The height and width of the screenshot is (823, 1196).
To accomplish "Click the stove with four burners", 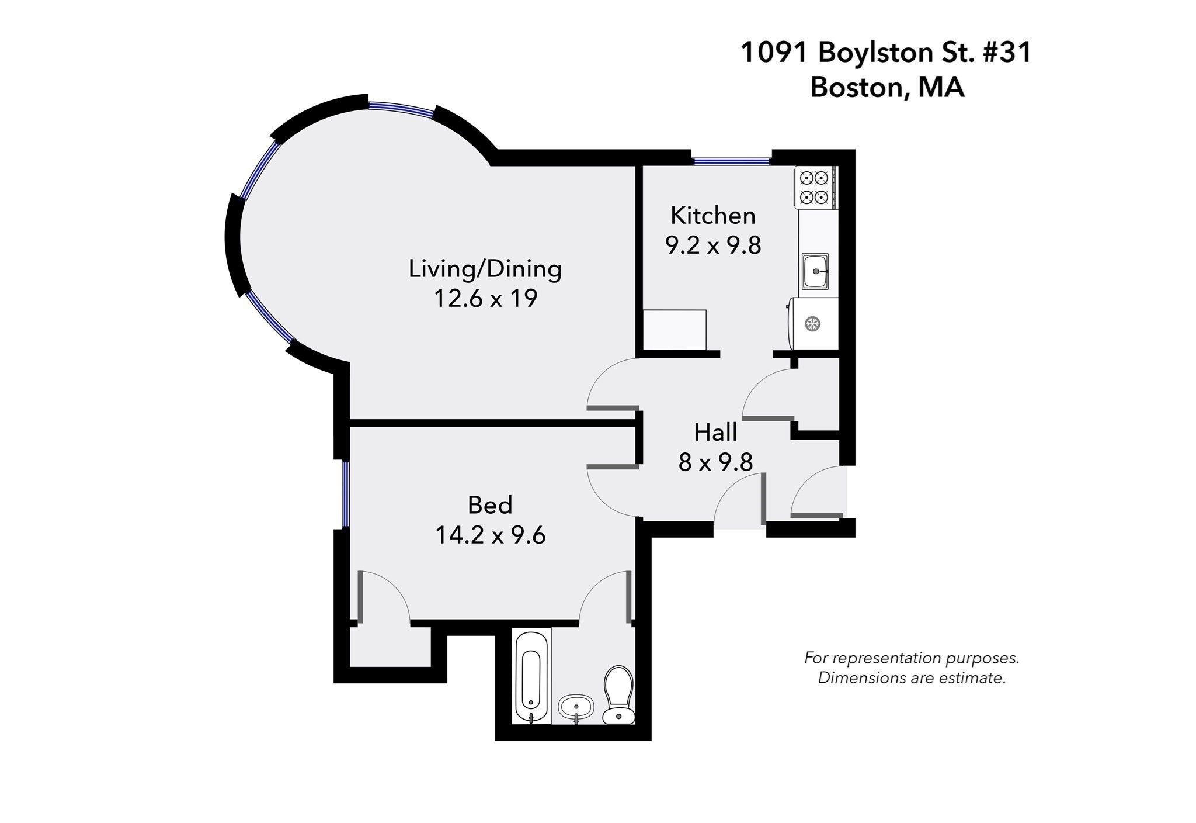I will click(815, 187).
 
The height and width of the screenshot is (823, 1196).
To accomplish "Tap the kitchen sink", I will click(815, 271).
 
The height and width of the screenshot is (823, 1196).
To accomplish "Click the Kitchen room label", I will click(712, 215).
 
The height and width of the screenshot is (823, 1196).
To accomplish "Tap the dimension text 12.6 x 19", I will click(485, 298).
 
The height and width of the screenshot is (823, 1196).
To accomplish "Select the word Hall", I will click(715, 433).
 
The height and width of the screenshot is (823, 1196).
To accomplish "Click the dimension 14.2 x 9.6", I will click(490, 535).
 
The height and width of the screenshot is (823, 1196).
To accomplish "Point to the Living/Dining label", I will click(485, 268).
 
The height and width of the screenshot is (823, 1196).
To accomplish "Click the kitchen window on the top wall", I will click(731, 160).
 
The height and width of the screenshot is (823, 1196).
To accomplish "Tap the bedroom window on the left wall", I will click(345, 494).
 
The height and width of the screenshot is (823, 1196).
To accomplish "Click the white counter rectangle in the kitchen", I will click(675, 330).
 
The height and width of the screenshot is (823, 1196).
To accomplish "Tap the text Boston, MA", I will click(886, 88).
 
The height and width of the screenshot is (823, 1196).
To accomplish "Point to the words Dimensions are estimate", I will click(912, 678).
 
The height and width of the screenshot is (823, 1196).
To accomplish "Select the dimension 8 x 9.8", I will click(715, 462).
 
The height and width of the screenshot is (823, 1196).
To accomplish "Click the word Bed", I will click(490, 505).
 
